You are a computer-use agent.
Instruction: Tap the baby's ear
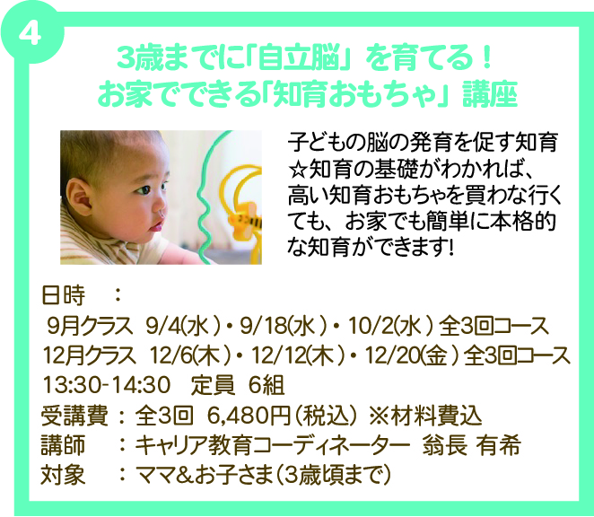coord(79,197)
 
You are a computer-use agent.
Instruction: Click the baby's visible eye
coord(144,189)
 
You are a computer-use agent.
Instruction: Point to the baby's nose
coord(162,209)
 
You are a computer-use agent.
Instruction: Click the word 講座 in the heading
coord(490,94)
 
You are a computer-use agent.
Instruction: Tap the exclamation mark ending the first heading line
coord(486,58)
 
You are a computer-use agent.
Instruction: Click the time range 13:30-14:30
coord(107,385)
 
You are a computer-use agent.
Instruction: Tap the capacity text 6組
coord(266,385)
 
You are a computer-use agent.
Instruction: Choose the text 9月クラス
coord(90,326)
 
